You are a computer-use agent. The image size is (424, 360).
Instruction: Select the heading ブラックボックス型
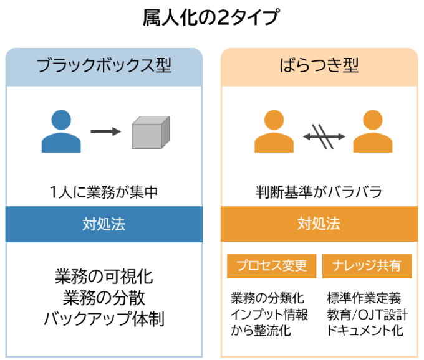pyautogui.click(x=104, y=66)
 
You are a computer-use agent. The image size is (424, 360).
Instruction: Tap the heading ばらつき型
pyautogui.click(x=319, y=66)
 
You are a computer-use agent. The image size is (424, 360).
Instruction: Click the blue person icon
pyautogui.click(x=60, y=131)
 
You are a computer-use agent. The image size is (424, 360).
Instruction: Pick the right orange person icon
pyautogui.click(x=372, y=131)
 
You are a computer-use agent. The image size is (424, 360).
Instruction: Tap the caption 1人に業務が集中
pyautogui.click(x=104, y=192)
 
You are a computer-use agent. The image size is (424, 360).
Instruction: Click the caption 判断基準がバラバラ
pyautogui.click(x=319, y=192)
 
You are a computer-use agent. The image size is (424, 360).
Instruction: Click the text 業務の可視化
pyautogui.click(x=104, y=276)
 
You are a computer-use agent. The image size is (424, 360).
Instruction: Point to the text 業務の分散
pyautogui.click(x=104, y=297)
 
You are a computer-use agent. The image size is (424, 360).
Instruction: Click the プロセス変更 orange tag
pyautogui.click(x=271, y=266)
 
